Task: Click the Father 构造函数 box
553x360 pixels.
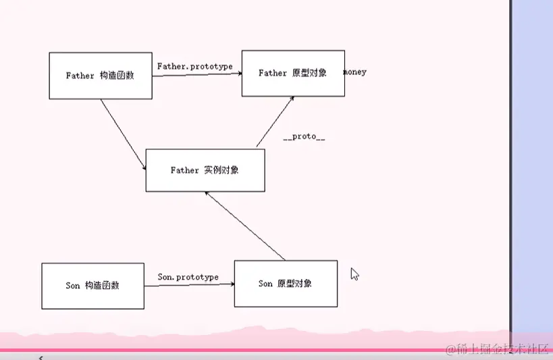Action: (x=100, y=76)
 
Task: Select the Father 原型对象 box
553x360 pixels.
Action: (x=293, y=73)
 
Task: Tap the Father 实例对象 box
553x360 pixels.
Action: (x=205, y=170)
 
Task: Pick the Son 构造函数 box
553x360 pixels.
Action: (x=93, y=286)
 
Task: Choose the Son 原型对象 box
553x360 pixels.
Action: (x=286, y=284)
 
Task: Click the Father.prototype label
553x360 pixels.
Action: (x=194, y=66)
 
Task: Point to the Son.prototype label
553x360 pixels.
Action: (x=188, y=277)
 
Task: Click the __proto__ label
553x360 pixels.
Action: (x=304, y=136)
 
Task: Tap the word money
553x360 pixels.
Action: (x=356, y=72)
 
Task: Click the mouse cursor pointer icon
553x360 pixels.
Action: (x=354, y=274)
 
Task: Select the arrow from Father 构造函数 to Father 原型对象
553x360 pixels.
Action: (x=197, y=75)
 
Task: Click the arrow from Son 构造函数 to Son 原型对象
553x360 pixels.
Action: (x=189, y=285)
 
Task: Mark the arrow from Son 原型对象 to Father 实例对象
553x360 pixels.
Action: (x=244, y=226)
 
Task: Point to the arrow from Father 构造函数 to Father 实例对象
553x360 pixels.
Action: (x=124, y=134)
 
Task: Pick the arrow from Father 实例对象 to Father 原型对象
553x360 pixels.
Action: (x=275, y=121)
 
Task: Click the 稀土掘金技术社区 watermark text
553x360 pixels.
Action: (x=495, y=349)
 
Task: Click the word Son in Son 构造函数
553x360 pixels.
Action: (x=73, y=286)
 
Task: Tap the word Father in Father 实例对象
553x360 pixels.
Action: (x=184, y=170)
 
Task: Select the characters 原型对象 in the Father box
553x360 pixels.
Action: (x=310, y=73)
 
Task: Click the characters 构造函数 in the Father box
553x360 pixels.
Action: (x=117, y=76)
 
